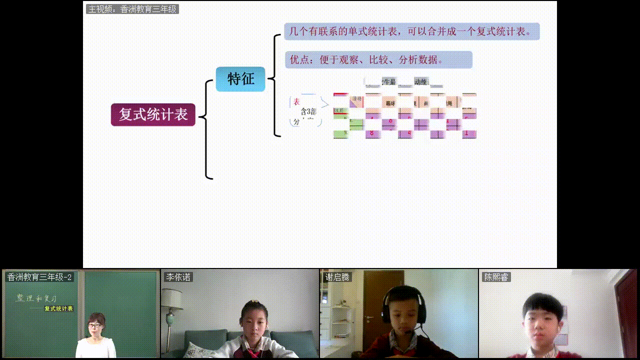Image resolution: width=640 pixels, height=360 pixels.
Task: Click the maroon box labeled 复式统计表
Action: click(153, 114)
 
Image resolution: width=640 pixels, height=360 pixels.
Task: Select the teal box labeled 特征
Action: click(240, 79)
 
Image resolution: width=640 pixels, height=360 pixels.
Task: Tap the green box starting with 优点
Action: click(378, 60)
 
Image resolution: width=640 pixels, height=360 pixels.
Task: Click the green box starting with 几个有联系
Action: click(411, 31)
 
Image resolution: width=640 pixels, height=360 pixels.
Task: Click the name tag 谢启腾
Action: click(337, 277)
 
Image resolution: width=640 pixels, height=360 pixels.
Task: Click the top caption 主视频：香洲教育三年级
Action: click(132, 9)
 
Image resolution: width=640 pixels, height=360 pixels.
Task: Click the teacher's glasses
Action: click(94, 325)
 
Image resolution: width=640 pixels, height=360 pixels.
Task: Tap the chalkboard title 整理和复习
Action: click(36, 298)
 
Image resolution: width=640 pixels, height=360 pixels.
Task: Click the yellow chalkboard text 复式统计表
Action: click(58, 308)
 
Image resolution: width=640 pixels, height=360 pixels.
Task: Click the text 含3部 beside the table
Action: click(308, 111)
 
